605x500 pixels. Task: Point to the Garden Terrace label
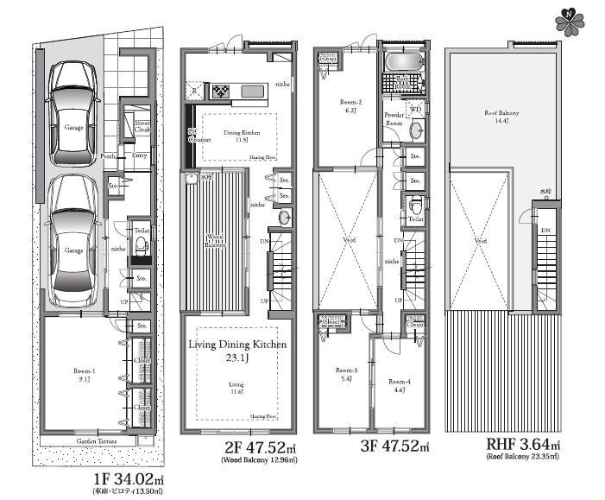point(97,440)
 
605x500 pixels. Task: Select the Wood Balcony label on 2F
point(215,239)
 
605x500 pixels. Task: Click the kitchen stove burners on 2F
point(220,90)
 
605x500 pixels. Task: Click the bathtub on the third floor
point(402,64)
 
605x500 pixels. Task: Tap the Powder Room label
point(395,119)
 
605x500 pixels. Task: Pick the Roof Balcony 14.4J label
point(500,116)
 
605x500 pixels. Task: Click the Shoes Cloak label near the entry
point(141,128)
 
